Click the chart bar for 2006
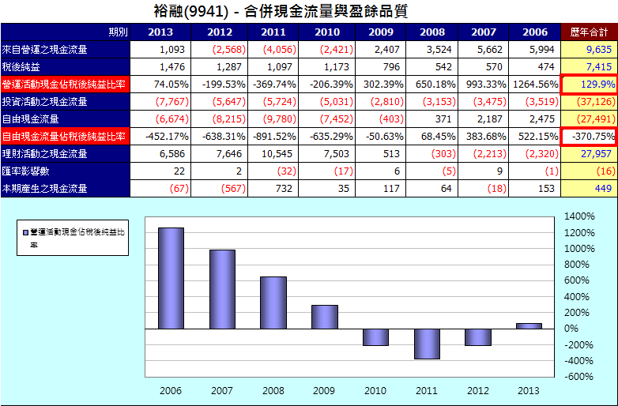coord(171,278)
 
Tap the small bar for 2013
coord(529,325)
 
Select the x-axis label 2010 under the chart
coord(375,390)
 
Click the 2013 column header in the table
coord(160,32)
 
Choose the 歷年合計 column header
coord(589,32)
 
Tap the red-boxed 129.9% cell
coord(589,84)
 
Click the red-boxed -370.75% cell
coord(589,136)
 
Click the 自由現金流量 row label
coord(31,118)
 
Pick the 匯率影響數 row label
coord(26,171)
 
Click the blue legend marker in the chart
coord(26,231)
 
